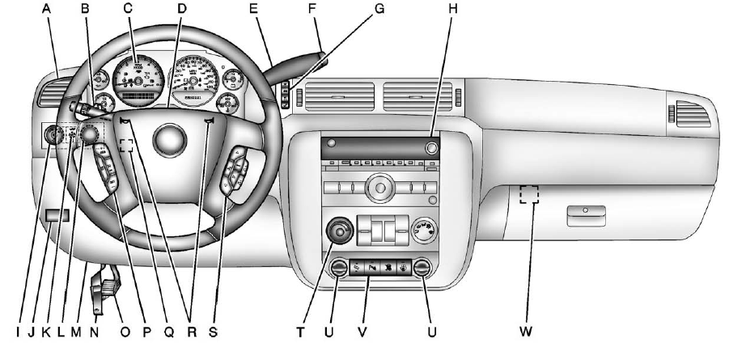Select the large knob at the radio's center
click(x=379, y=190)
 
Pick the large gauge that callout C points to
click(x=138, y=82)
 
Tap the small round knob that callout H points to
click(x=430, y=148)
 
